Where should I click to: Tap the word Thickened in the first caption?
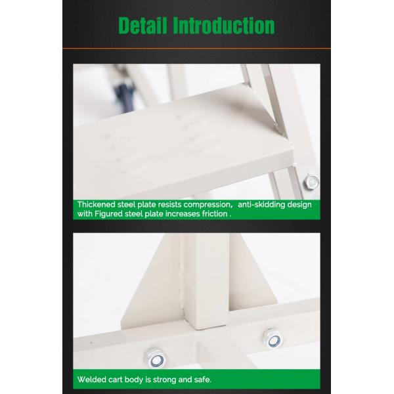click(x=97, y=204)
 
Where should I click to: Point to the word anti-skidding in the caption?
click(x=262, y=204)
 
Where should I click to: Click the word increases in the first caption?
click(x=184, y=213)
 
